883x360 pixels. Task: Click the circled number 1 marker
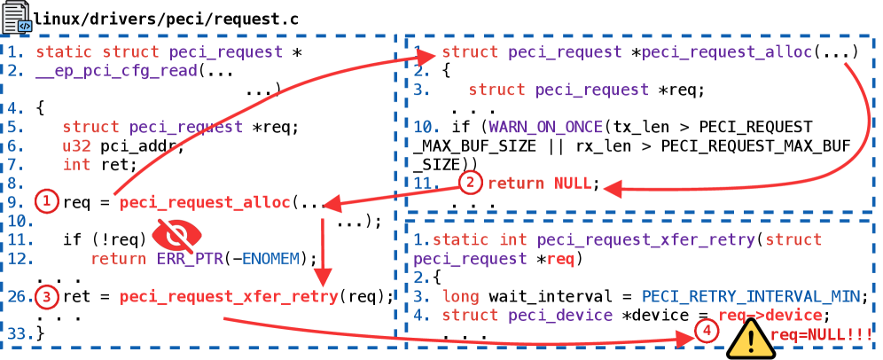(x=48, y=202)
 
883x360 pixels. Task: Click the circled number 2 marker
(x=471, y=184)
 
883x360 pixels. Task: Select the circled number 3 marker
(x=48, y=296)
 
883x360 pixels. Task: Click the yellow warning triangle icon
(x=750, y=340)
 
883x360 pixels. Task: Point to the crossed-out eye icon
(x=178, y=235)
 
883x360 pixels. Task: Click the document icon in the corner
(x=17, y=16)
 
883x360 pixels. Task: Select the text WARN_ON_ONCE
(x=545, y=127)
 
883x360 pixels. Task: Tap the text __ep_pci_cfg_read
(x=116, y=71)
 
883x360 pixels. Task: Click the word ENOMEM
(x=270, y=258)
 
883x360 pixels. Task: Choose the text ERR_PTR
(x=191, y=258)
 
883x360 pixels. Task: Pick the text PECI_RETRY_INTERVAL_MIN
(x=751, y=296)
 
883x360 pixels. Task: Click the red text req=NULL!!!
(x=822, y=334)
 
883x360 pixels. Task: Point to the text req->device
(x=770, y=316)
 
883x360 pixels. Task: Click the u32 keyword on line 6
(x=76, y=145)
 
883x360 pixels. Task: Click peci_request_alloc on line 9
(x=205, y=203)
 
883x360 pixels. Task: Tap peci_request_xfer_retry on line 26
(x=229, y=296)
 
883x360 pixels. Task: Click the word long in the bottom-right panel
(x=460, y=296)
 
